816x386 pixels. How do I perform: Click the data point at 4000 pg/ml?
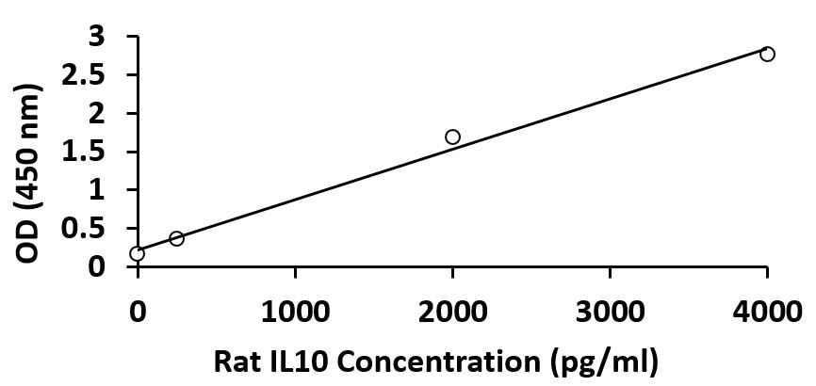(767, 54)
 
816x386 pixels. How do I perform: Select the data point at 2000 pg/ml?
(452, 137)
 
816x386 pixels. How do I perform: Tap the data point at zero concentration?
(138, 253)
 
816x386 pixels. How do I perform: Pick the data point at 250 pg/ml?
(176, 238)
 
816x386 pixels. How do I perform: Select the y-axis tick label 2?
(111, 114)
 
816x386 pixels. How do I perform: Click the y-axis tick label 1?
(111, 190)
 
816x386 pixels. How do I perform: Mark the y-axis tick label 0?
(111, 267)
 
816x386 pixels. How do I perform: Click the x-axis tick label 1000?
(295, 308)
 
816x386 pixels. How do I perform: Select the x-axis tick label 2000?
(452, 308)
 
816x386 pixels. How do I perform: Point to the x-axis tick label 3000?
(610, 308)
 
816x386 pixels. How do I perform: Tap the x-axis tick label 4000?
(766, 308)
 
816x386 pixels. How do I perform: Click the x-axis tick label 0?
(138, 308)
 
